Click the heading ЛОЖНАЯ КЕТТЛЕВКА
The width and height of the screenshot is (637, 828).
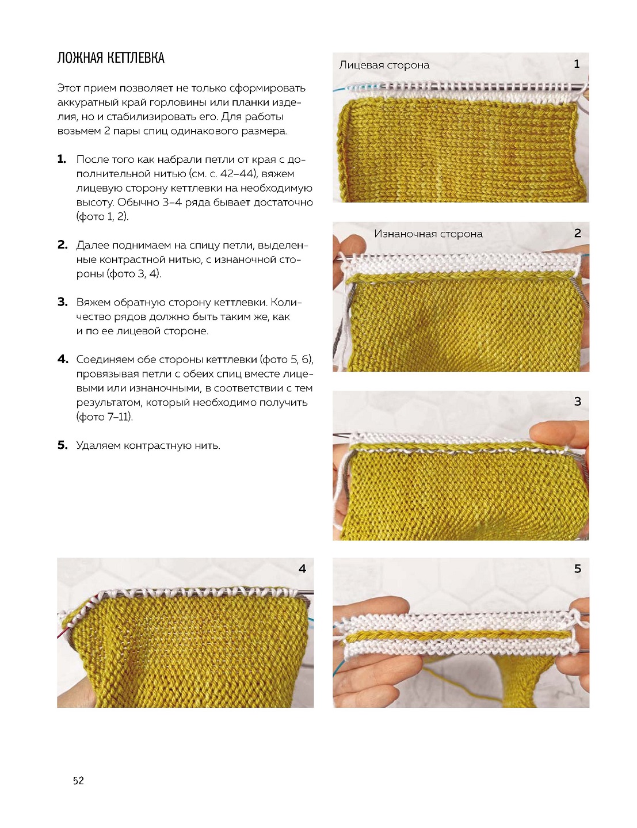110,58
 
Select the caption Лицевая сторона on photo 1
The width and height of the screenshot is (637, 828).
384,65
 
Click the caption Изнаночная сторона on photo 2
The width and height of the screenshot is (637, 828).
428,234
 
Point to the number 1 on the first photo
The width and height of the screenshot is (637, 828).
577,64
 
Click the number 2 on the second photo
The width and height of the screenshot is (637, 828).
577,233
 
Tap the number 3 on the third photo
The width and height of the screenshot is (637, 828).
577,402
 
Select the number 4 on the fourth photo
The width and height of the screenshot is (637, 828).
302,569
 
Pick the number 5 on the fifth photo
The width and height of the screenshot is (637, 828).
577,569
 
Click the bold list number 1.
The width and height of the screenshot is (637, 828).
62,159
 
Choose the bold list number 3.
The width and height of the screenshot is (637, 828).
63,302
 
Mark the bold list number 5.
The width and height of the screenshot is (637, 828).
63,445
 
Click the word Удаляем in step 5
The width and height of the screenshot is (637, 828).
98,445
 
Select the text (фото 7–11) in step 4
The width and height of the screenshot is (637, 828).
105,417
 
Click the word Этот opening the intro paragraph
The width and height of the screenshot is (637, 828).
68,88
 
